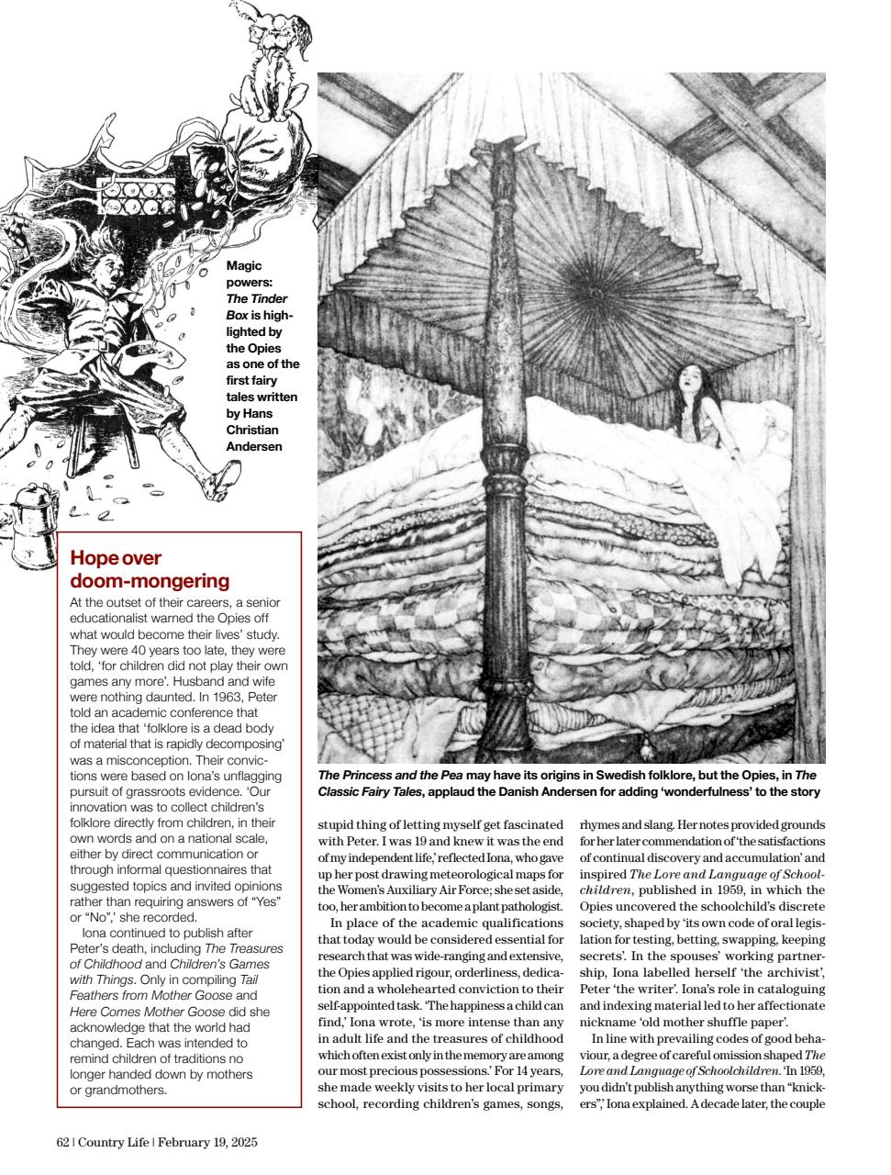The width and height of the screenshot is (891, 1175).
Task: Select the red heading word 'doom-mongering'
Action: [150, 581]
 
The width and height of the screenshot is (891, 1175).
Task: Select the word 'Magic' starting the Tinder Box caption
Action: [243, 266]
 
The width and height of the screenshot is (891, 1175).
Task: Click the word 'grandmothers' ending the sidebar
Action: [118, 1091]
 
